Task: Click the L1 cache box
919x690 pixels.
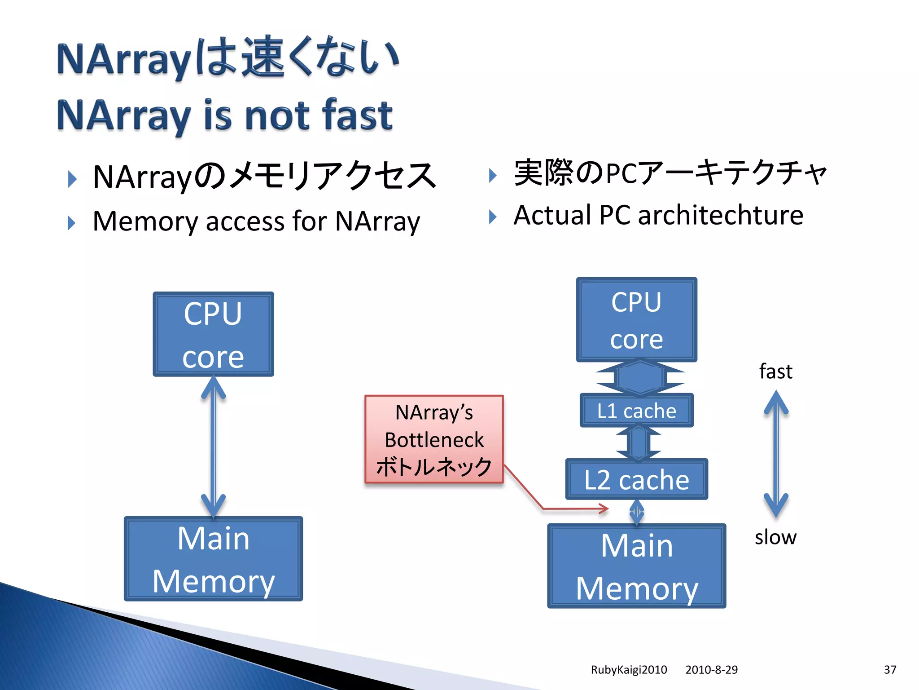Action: (x=636, y=411)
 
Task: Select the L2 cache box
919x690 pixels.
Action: (x=636, y=479)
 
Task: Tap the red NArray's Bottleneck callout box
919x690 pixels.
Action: (x=434, y=439)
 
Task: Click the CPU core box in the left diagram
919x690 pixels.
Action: (x=213, y=334)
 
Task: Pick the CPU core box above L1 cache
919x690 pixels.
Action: (x=636, y=319)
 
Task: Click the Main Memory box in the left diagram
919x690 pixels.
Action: (x=213, y=559)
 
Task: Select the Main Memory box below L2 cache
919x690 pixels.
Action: (x=636, y=566)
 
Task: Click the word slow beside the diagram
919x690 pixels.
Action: (x=775, y=537)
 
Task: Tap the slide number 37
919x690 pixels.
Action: (x=890, y=670)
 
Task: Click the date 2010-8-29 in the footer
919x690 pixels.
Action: (x=711, y=670)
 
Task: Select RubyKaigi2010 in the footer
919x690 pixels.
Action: (x=629, y=670)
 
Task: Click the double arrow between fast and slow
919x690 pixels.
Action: (x=776, y=454)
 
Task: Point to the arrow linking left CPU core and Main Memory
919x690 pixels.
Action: (x=213, y=447)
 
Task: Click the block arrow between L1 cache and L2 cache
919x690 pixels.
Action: (x=638, y=442)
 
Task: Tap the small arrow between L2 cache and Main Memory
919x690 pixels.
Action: (x=637, y=512)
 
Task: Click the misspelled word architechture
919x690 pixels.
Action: (x=721, y=215)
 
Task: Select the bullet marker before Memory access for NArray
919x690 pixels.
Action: (x=72, y=223)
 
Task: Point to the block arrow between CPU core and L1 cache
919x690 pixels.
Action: (x=639, y=377)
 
